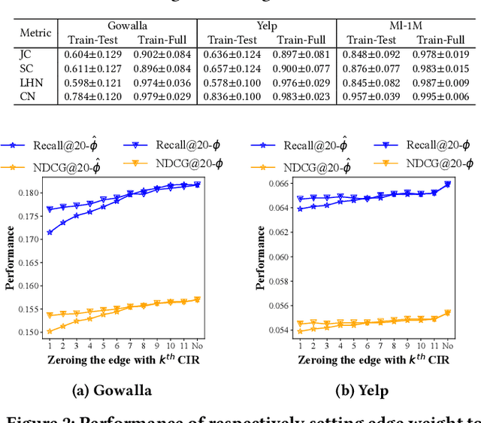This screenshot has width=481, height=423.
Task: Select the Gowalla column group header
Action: click(126, 25)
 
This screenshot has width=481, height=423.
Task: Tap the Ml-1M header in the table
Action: click(405, 25)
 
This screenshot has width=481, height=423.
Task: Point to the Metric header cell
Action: click(35, 32)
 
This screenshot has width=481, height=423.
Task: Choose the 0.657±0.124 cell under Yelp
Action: click(234, 68)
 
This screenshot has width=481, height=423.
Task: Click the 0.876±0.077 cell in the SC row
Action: click(371, 68)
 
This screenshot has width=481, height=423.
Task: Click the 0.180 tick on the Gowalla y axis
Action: click(29, 193)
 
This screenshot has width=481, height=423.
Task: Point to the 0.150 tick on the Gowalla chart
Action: click(29, 332)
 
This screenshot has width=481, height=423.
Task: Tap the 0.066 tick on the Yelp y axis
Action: click(278, 184)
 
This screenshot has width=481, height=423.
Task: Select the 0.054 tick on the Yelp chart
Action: click(278, 330)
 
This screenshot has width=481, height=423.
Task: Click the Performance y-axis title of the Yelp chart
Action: click(261, 257)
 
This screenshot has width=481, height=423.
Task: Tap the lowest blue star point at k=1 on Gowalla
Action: click(50, 233)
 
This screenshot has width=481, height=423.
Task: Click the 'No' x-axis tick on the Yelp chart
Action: click(447, 345)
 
